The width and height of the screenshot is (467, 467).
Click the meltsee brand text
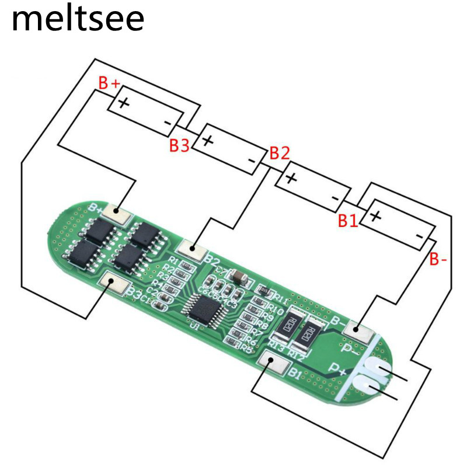(78, 19)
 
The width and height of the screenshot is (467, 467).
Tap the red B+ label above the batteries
(109, 84)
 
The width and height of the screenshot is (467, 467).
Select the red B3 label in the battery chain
(179, 145)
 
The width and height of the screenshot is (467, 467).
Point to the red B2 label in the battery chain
(279, 154)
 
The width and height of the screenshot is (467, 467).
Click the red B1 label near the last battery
(347, 221)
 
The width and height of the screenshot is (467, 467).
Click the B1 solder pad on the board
(274, 364)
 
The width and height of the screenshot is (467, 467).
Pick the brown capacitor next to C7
(239, 276)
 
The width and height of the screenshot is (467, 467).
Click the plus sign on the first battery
(124, 103)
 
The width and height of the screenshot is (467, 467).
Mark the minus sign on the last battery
(419, 235)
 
